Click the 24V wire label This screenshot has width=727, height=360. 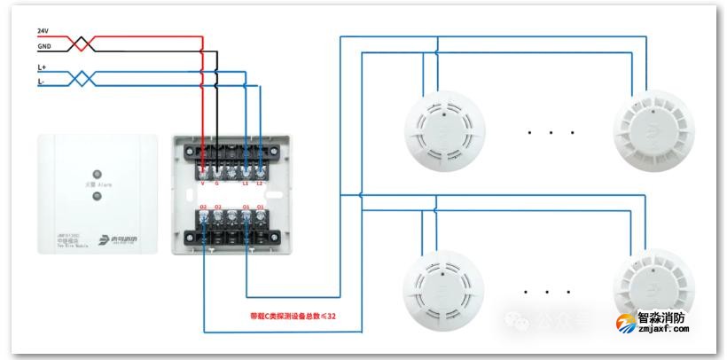pyautogui.click(x=43, y=31)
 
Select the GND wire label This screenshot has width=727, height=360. pyautogui.click(x=43, y=46)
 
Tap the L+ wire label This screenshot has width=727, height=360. pyautogui.click(x=42, y=67)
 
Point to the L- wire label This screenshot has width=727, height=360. pyautogui.click(x=42, y=82)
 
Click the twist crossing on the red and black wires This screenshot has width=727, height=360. pyautogui.click(x=82, y=42)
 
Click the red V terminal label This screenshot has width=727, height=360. pyautogui.click(x=203, y=184)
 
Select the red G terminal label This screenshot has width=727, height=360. pyautogui.click(x=217, y=184)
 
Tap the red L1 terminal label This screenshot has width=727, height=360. pyautogui.click(x=246, y=184)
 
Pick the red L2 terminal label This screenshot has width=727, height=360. pyautogui.click(x=260, y=184)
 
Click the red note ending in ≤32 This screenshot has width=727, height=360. pyautogui.click(x=293, y=316)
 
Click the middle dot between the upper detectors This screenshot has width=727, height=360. pyautogui.click(x=551, y=133)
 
